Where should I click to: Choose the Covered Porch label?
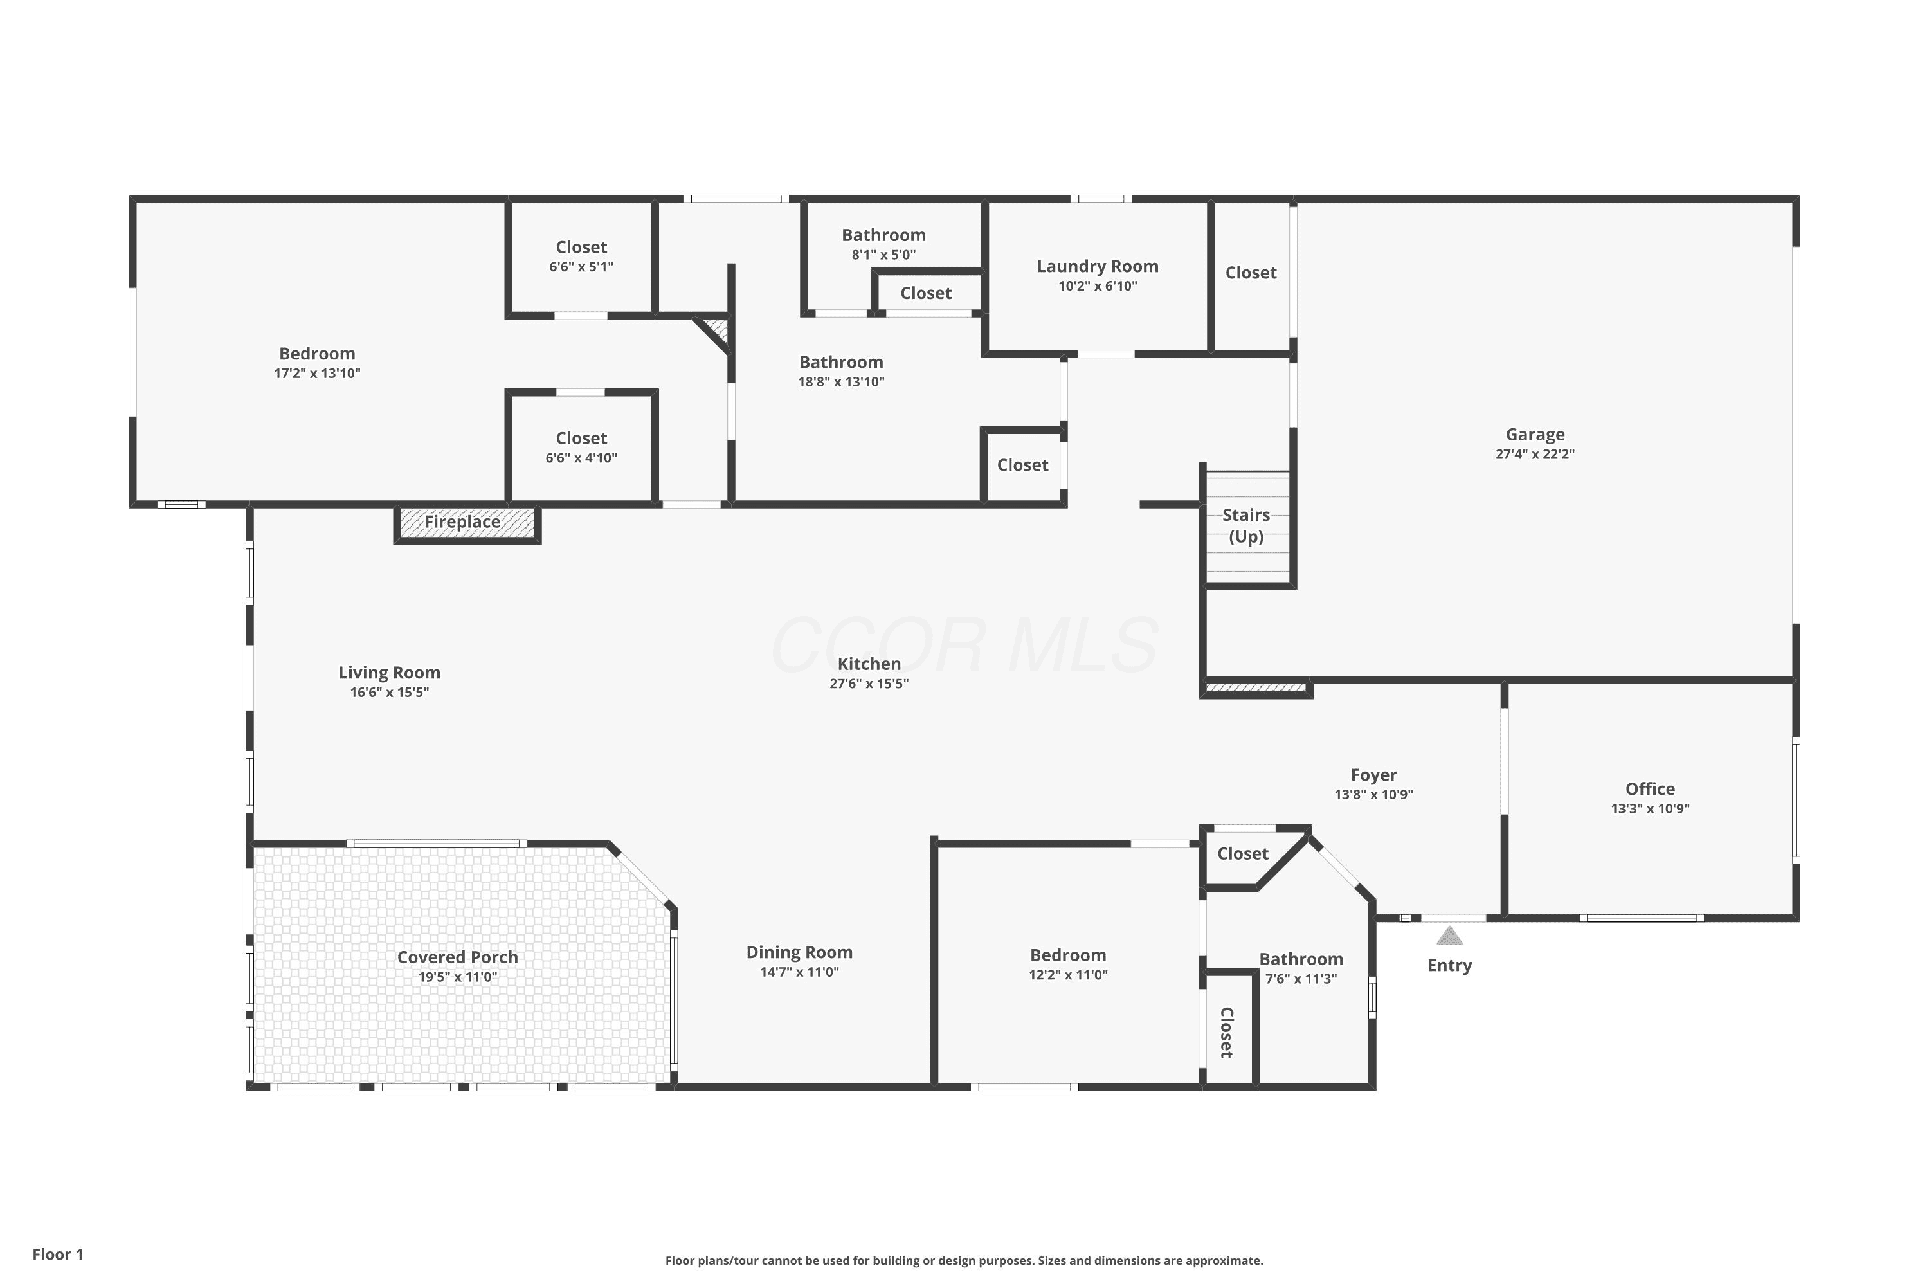458,957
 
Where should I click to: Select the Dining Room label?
800,952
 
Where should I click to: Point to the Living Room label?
390,673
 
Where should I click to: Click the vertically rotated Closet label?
1227,1033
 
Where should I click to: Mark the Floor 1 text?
59,1254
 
